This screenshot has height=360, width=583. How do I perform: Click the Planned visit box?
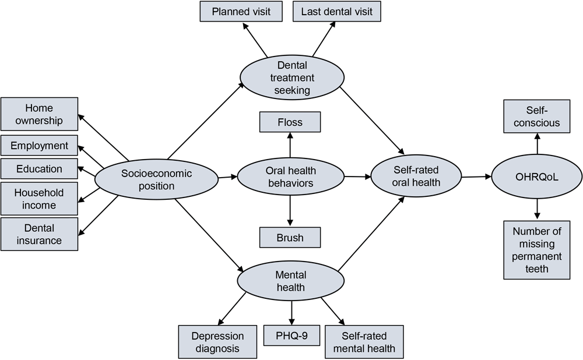pyautogui.click(x=241, y=12)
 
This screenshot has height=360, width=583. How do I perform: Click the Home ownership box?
pyautogui.click(x=39, y=114)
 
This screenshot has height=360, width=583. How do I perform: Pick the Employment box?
pyautogui.click(x=39, y=146)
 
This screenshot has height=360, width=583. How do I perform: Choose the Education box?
pyautogui.click(x=39, y=169)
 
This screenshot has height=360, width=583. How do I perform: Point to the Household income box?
pyautogui.click(x=39, y=199)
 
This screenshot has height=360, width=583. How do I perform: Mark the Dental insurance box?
pyautogui.click(x=39, y=234)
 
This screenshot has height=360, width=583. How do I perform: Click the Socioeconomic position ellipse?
pyautogui.click(x=156, y=179)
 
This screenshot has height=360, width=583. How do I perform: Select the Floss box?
pyautogui.click(x=290, y=122)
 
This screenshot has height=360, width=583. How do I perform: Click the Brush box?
pyautogui.click(x=290, y=238)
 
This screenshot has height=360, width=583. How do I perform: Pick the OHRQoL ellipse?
pyautogui.click(x=537, y=177)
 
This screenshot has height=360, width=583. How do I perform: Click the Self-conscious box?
pyautogui.click(x=537, y=117)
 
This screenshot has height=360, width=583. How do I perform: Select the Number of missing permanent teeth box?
pyautogui.click(x=537, y=250)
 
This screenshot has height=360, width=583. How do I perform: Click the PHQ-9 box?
pyautogui.click(x=291, y=336)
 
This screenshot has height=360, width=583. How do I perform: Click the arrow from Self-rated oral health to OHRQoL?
pyautogui.click(x=476, y=176)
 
